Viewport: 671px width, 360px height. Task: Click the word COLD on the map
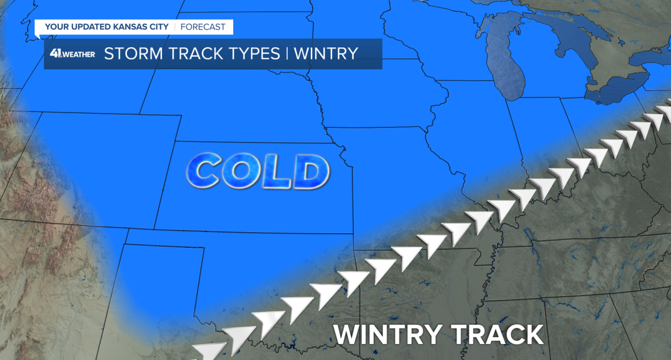pyautogui.click(x=258, y=171)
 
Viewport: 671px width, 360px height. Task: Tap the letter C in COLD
pyautogui.click(x=202, y=171)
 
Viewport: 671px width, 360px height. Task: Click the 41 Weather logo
pyautogui.click(x=72, y=53)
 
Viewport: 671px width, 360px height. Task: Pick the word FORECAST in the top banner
pyautogui.click(x=203, y=27)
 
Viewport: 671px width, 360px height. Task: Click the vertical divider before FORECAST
pyautogui.click(x=175, y=27)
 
